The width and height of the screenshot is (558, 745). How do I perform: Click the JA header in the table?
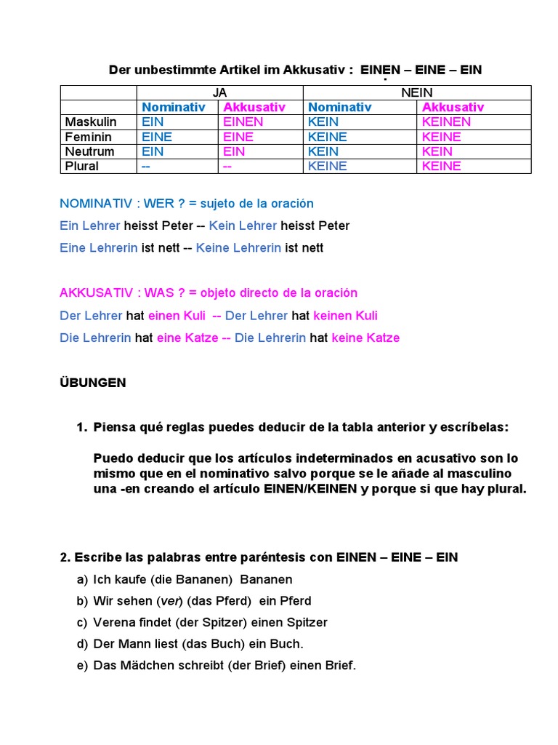pyautogui.click(x=219, y=92)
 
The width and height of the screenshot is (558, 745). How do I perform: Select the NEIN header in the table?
pyautogui.click(x=416, y=92)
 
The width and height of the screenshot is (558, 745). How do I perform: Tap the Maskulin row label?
pyautogui.click(x=91, y=121)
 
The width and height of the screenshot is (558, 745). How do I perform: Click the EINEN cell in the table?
pyautogui.click(x=243, y=121)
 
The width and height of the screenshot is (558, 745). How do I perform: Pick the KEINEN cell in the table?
pyautogui.click(x=446, y=121)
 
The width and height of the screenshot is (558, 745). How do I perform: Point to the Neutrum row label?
pyautogui.click(x=90, y=151)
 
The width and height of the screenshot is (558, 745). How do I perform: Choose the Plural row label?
pyautogui.click(x=82, y=166)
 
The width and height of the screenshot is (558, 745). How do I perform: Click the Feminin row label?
pyautogui.click(x=89, y=137)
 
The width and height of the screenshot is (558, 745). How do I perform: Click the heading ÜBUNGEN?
pyautogui.click(x=92, y=383)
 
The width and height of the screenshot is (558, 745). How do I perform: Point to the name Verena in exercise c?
pyautogui.click(x=113, y=623)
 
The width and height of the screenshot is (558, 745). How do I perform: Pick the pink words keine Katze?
pyautogui.click(x=365, y=338)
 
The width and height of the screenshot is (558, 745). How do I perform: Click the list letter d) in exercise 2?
pyautogui.click(x=82, y=644)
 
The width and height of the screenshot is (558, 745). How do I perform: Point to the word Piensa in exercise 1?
pyautogui.click(x=114, y=427)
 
